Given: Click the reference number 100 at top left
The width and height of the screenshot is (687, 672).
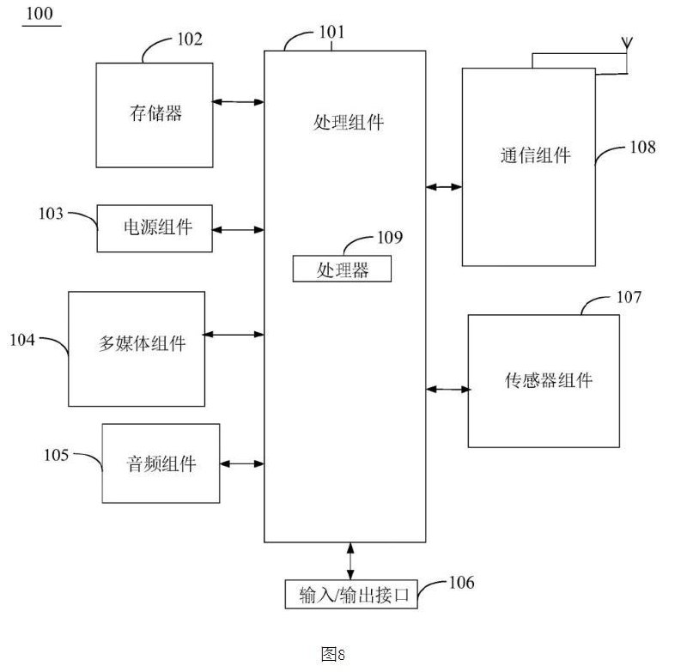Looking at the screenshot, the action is [40, 13].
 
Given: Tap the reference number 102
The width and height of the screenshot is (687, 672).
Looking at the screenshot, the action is [190, 39].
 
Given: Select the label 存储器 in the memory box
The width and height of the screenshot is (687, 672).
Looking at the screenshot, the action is [155, 113].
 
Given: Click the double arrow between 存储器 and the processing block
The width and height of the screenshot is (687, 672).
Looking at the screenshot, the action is [238, 102].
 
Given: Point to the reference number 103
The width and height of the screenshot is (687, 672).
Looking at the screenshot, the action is [51, 213].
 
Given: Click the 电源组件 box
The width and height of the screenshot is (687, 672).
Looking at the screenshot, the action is [155, 228].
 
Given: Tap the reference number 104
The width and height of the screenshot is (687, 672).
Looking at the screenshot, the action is [22, 340].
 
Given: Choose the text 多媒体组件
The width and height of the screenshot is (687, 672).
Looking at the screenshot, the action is [142, 343].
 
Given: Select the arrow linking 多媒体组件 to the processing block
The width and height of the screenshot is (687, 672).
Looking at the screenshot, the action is [234, 335].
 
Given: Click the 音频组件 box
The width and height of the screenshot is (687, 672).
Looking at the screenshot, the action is [161, 463].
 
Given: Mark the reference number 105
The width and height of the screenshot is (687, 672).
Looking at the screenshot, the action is [56, 455].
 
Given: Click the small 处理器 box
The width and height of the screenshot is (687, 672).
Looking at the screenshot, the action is [342, 269].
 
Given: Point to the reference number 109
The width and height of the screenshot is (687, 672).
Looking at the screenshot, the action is [390, 237].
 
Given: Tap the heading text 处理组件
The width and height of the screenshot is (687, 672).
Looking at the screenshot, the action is [349, 122].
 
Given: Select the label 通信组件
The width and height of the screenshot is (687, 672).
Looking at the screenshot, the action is [535, 155].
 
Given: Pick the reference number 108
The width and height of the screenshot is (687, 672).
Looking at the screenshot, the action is [642, 147].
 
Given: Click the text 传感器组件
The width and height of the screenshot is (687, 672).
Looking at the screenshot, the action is [549, 380].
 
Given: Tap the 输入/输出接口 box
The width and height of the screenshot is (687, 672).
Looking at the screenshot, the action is [351, 594].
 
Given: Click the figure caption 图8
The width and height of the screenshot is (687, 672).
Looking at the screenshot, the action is [333, 655].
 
